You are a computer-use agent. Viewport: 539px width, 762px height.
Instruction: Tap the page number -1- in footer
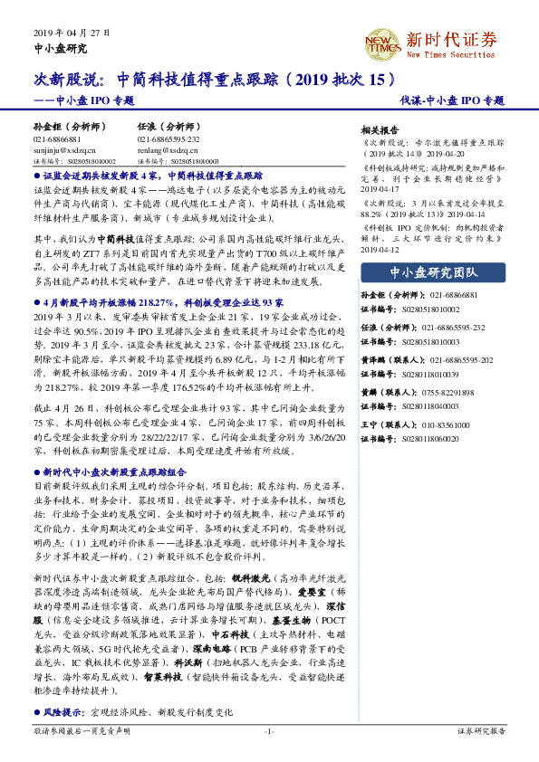click(x=269, y=730)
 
